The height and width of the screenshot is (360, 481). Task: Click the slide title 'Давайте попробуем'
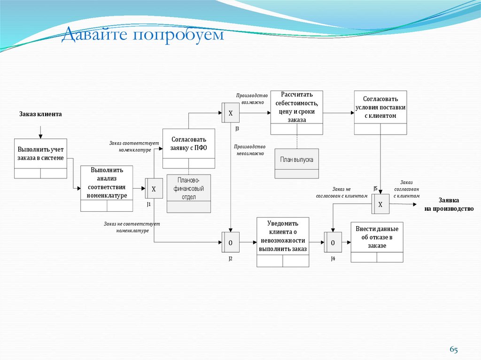click(143, 35)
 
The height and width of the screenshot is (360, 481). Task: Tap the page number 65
click(453, 349)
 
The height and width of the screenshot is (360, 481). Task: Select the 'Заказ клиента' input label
click(40, 114)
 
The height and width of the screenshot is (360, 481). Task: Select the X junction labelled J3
click(230, 113)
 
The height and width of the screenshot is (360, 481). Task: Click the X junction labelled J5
click(380, 204)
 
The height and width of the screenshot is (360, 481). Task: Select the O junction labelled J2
click(230, 243)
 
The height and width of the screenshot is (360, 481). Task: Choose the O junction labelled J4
click(333, 243)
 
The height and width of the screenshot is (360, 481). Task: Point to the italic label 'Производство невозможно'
click(250, 150)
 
